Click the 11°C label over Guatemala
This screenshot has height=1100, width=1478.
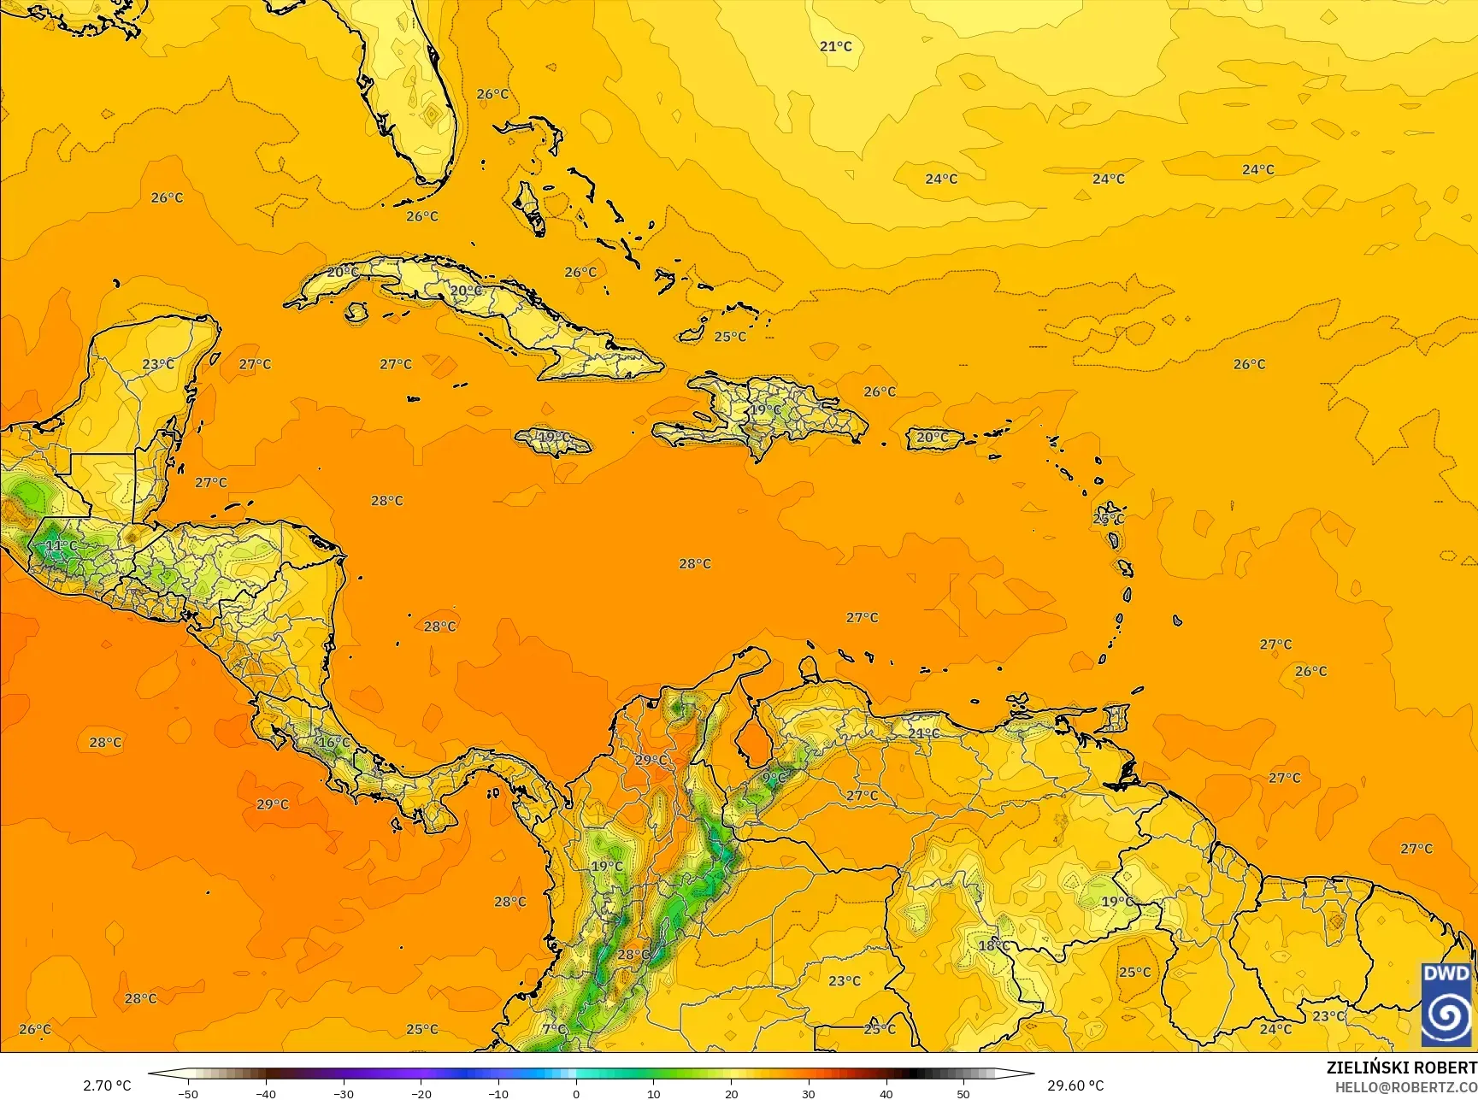[61, 545]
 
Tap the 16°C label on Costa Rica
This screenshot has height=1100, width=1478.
[334, 743]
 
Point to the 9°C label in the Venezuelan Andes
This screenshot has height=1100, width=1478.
[774, 778]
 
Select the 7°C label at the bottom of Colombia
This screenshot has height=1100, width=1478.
[554, 1028]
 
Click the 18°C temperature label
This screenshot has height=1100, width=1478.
[994, 945]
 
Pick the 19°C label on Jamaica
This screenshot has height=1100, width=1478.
[553, 438]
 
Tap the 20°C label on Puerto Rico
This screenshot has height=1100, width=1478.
[932, 438]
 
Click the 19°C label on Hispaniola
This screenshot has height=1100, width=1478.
[766, 409]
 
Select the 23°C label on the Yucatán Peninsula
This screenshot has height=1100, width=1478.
[158, 364]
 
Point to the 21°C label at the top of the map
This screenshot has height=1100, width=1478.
[836, 46]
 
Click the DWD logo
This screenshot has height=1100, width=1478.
[1446, 1004]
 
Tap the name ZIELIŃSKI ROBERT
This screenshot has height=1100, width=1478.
[1401, 1068]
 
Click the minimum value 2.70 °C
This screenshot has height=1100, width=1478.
[107, 1085]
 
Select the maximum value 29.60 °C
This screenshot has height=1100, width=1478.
[1075, 1085]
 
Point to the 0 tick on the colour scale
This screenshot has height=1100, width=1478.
[576, 1093]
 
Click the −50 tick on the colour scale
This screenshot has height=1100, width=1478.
[188, 1093]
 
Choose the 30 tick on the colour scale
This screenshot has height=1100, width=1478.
[809, 1093]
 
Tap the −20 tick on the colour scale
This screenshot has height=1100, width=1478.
[421, 1093]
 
